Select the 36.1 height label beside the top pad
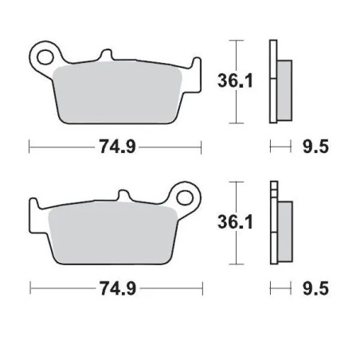(x=232, y=80)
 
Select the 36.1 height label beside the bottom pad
(x=232, y=224)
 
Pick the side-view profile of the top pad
(x=279, y=80)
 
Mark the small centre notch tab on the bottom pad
(x=125, y=196)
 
